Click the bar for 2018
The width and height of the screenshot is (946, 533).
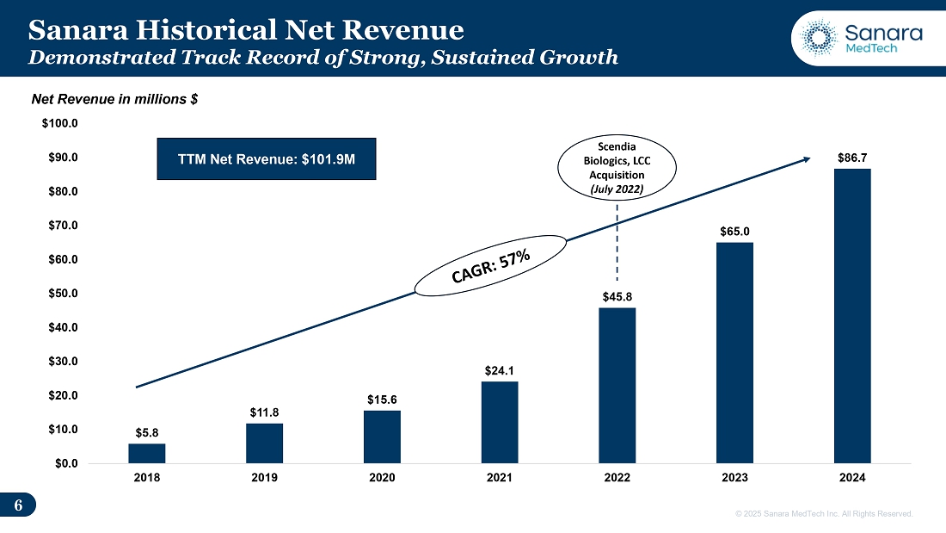click(x=147, y=453)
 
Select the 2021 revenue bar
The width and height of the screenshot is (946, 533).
click(x=500, y=422)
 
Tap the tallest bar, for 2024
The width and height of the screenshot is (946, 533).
click(x=852, y=315)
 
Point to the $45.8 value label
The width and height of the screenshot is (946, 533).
click(x=617, y=297)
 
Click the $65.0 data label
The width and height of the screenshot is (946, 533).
click(x=734, y=232)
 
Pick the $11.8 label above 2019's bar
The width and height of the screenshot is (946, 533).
click(x=264, y=412)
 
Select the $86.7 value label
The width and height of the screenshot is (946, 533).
click(x=852, y=158)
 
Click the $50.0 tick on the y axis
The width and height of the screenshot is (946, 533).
click(x=60, y=294)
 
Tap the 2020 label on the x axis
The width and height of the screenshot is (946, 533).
click(x=382, y=478)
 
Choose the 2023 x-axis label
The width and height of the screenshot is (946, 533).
click(x=734, y=478)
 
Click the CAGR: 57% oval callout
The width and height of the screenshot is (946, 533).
click(x=494, y=266)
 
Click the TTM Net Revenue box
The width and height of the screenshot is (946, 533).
click(x=267, y=158)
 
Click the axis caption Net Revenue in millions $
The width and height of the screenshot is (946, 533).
click(x=115, y=100)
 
